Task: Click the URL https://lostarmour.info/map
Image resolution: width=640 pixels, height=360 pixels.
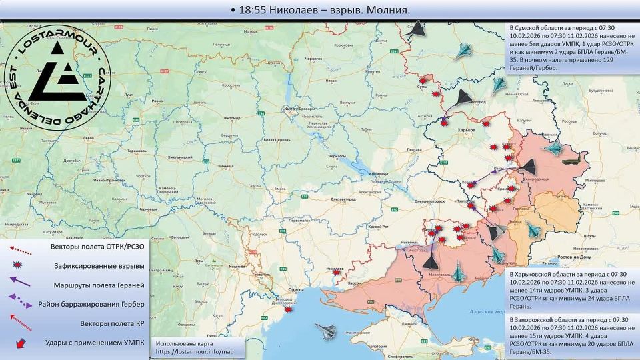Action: click(x=195, y=351)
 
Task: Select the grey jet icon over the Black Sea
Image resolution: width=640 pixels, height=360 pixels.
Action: click(x=326, y=328)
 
